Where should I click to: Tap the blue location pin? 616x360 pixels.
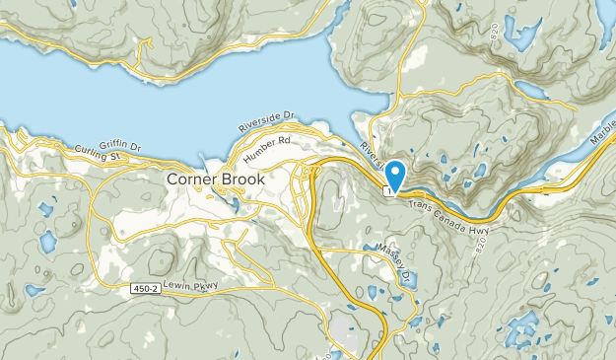point(395,175)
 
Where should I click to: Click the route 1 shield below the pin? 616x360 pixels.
point(390,192)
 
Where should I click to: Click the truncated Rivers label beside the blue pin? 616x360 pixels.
point(370,153)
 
